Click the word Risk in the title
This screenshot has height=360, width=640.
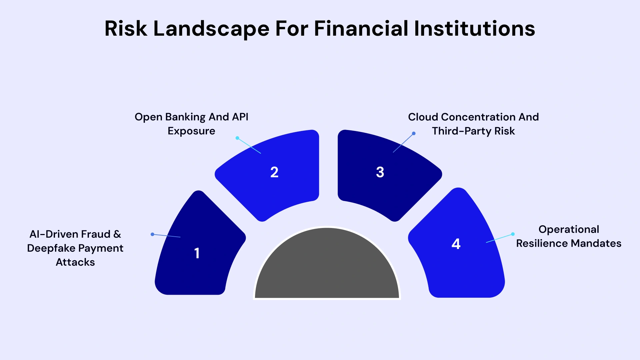(126, 29)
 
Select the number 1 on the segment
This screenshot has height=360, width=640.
(197, 253)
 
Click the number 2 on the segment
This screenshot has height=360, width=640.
(274, 172)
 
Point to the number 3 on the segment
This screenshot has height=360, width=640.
(380, 172)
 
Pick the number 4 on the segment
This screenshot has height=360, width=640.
(456, 244)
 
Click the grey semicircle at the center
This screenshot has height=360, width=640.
(327, 267)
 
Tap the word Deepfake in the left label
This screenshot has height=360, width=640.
(51, 248)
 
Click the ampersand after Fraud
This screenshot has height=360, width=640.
(117, 234)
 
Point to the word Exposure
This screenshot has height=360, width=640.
(191, 131)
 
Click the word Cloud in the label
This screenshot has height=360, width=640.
(423, 117)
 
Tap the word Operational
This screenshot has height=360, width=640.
(569, 229)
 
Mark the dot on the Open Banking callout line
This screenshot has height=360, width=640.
(237, 138)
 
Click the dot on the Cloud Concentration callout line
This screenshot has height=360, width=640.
(414, 133)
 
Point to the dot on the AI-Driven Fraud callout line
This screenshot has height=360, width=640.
(152, 234)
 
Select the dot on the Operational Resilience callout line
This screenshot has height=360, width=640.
(513, 234)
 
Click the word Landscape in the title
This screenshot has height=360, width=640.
(211, 29)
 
